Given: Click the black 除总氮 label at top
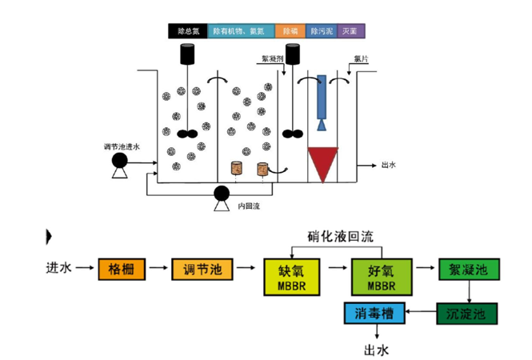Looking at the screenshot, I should pos(188,31).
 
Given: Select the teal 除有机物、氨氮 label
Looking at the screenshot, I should pos(241,31).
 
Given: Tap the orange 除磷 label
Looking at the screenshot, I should pos(288,31).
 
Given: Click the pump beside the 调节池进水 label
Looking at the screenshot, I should pos(121,163).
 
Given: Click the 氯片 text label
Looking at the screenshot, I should pos(359,58).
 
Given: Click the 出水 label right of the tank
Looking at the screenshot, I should pos(389,166).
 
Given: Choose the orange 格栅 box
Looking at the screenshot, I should pos(122,270).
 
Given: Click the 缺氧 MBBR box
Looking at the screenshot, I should pos(291,276).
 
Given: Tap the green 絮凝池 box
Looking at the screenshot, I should pos(462,270).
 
